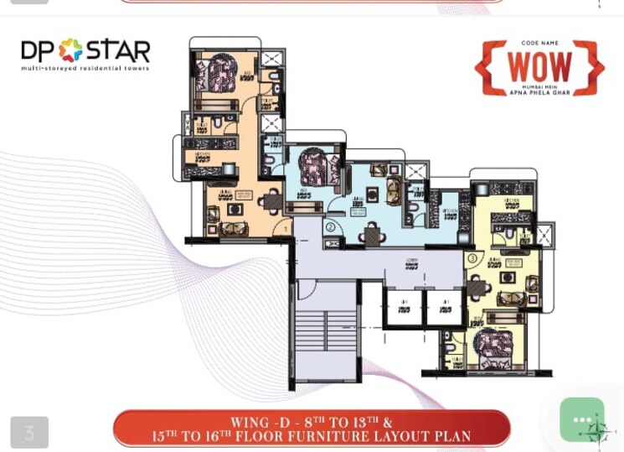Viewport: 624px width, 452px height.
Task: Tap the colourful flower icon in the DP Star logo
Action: (70, 50)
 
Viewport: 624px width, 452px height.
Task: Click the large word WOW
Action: (540, 67)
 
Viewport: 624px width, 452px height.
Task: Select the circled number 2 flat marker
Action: (331, 226)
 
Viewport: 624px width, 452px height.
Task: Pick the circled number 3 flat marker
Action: (472, 257)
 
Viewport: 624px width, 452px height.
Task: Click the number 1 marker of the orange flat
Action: (286, 229)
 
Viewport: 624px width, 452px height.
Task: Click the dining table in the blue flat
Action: (373, 236)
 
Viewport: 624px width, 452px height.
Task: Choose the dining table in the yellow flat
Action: (477, 288)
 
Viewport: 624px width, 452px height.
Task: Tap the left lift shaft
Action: (404, 309)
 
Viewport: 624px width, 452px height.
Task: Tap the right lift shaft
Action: (443, 309)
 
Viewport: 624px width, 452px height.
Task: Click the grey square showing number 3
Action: (29, 433)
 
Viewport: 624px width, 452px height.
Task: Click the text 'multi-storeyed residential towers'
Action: (85, 68)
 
